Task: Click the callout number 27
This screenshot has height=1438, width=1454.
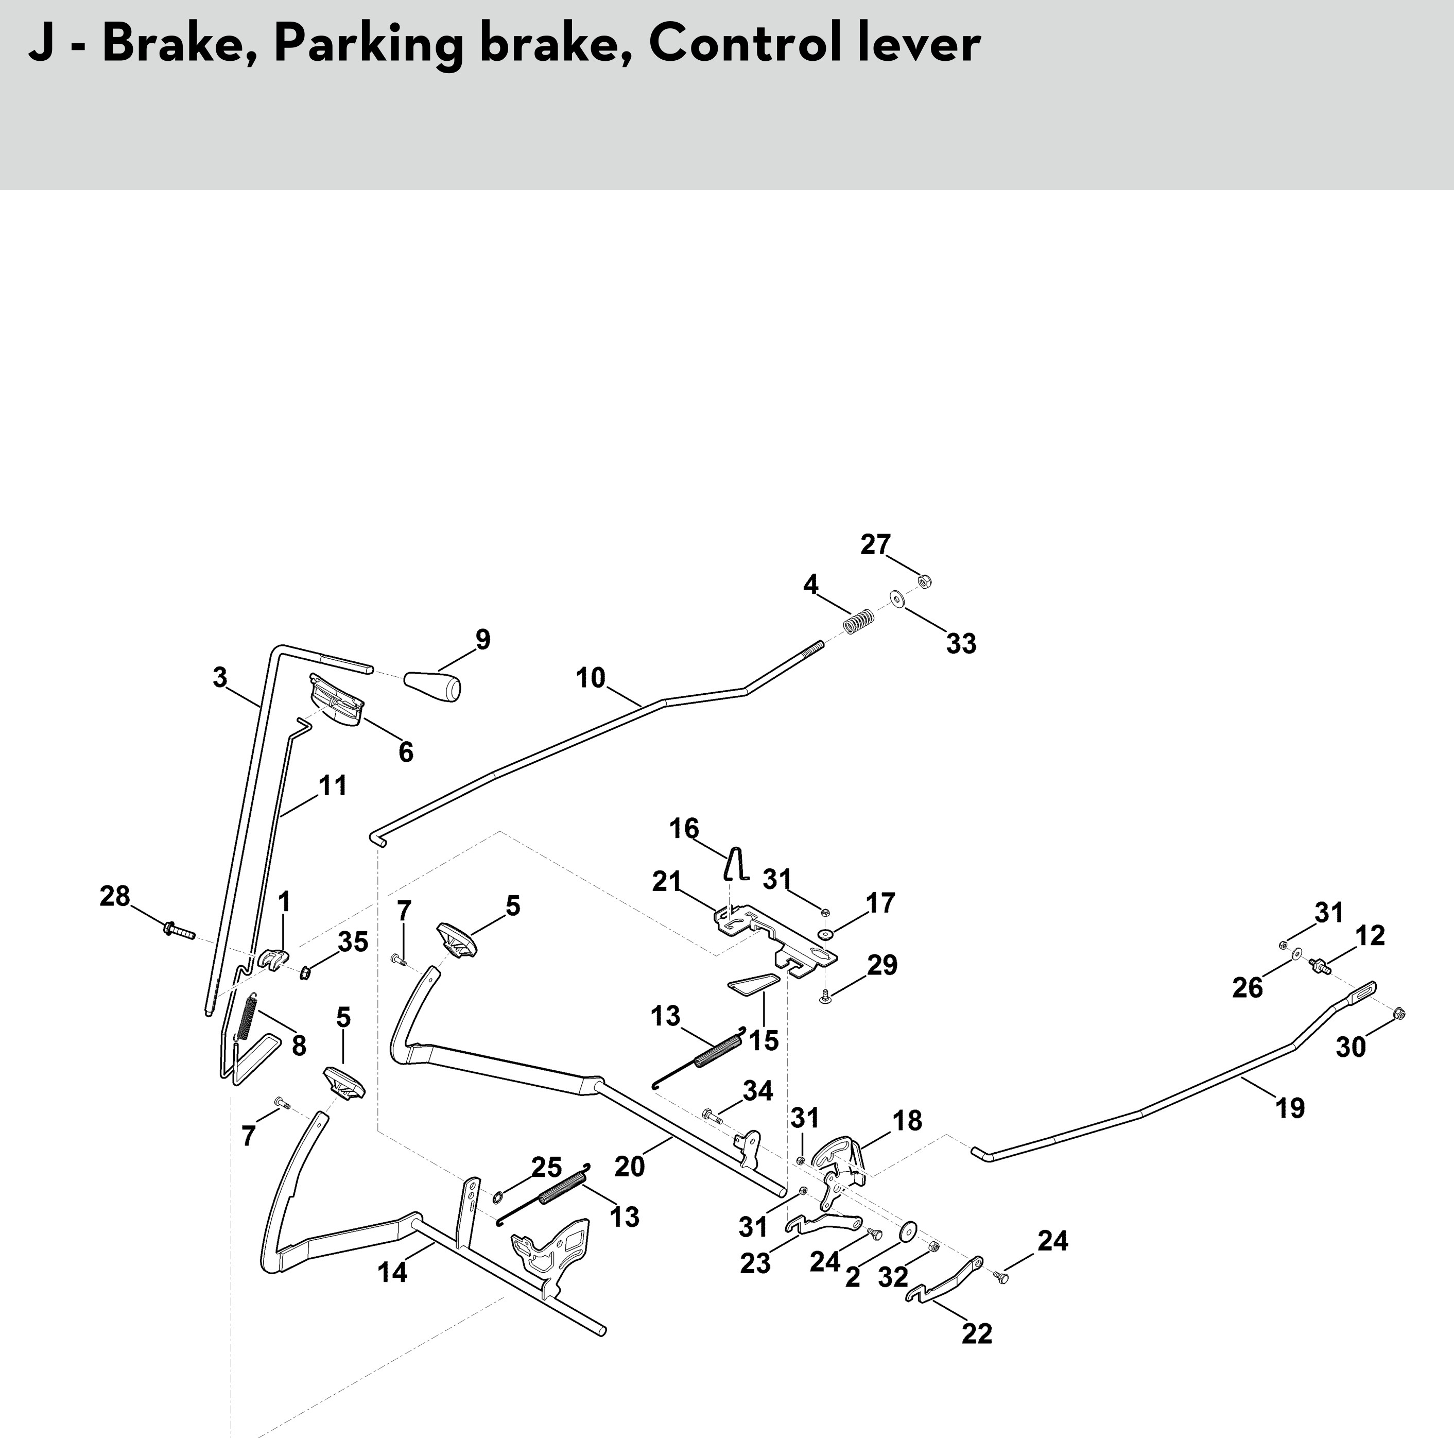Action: [x=875, y=544]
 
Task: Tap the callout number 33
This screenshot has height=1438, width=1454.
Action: [x=961, y=644]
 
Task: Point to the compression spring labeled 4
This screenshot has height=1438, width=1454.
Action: [x=858, y=621]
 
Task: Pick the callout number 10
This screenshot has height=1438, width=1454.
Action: [x=590, y=678]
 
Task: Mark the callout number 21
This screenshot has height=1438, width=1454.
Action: [x=666, y=881]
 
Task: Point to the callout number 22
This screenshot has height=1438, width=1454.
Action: [x=977, y=1334]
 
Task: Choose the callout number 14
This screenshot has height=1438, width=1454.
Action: [x=393, y=1272]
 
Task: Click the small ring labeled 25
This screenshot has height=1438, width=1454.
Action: [x=498, y=1197]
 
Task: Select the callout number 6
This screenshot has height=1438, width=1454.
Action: [x=406, y=752]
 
